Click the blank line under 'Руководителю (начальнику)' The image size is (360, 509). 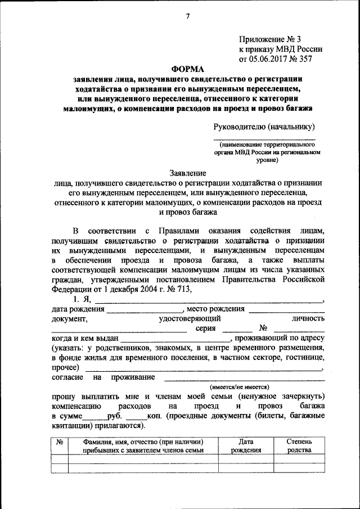coord(264,138)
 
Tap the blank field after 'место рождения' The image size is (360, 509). coord(286,310)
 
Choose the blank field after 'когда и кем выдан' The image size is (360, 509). coord(175,340)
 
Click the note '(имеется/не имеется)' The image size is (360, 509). coord(240,387)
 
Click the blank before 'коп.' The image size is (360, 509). coord(136,418)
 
